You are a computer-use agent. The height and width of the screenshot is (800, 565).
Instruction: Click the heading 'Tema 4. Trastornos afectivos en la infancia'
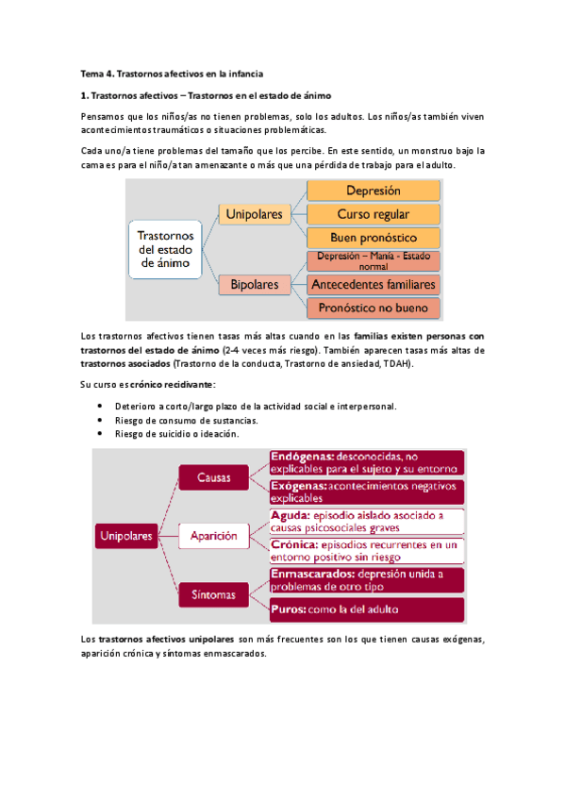[169, 73]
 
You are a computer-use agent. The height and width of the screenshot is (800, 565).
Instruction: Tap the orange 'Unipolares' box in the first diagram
[254, 214]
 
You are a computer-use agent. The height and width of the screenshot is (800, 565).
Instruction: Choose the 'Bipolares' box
[254, 283]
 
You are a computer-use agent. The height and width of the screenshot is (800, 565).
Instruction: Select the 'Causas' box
[213, 477]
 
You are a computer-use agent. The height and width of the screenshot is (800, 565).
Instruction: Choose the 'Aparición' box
[213, 536]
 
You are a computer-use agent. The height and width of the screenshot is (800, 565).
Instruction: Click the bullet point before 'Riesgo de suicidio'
[101, 434]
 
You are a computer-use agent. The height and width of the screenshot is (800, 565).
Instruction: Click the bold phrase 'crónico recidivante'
[173, 384]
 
